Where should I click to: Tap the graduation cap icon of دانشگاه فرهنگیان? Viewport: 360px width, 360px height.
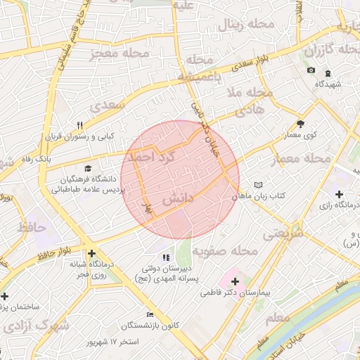pyautogui.click(x=88, y=168)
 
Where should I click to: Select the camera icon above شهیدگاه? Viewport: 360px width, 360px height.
pyautogui.click(x=311, y=70)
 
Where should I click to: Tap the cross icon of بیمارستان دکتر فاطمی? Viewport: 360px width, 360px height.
pyautogui.click(x=235, y=281)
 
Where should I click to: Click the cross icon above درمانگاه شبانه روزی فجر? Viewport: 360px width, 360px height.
pyautogui.click(x=91, y=254)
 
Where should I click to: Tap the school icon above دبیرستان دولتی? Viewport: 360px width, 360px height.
pyautogui.click(x=166, y=258)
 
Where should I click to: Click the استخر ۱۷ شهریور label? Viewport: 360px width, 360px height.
pyautogui.click(x=112, y=342)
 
